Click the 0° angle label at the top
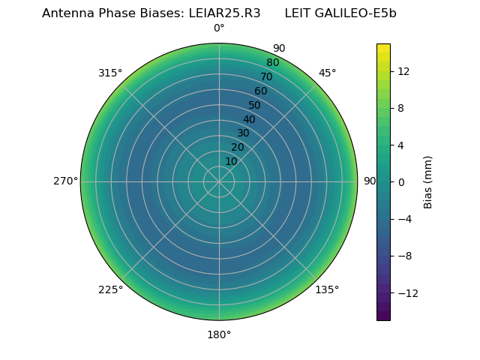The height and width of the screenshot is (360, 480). (219, 28)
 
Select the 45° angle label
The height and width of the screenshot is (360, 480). (327, 73)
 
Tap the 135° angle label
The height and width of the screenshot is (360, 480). (327, 289)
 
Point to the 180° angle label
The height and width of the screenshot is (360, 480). (219, 334)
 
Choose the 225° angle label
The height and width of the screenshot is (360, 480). (110, 289)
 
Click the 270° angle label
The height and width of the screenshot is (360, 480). (65, 181)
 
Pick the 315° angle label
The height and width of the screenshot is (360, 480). (110, 73)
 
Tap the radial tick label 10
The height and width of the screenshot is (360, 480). (231, 161)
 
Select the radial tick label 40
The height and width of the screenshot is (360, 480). (249, 119)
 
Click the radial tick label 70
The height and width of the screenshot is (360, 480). (266, 76)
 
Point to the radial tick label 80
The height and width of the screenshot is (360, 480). (272, 62)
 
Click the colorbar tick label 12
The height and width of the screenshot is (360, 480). (403, 71)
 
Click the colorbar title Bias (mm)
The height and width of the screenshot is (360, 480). (428, 181)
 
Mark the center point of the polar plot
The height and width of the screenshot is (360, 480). (219, 181)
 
